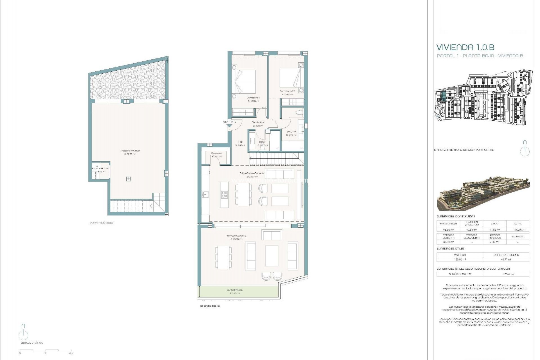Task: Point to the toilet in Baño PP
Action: coord(300,113)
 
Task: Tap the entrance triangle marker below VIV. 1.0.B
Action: coord(229,126)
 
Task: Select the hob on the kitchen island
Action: coord(224,194)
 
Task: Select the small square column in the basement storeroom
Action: coord(129,179)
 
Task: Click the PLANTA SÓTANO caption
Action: coord(101,223)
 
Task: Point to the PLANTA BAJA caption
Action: coord(210,306)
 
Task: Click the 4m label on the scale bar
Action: coord(71,353)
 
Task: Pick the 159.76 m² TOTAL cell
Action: coord(517,229)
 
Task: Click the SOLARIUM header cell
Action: coord(517,237)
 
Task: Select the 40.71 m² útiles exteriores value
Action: coord(506,260)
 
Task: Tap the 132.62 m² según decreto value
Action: coord(506,274)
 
